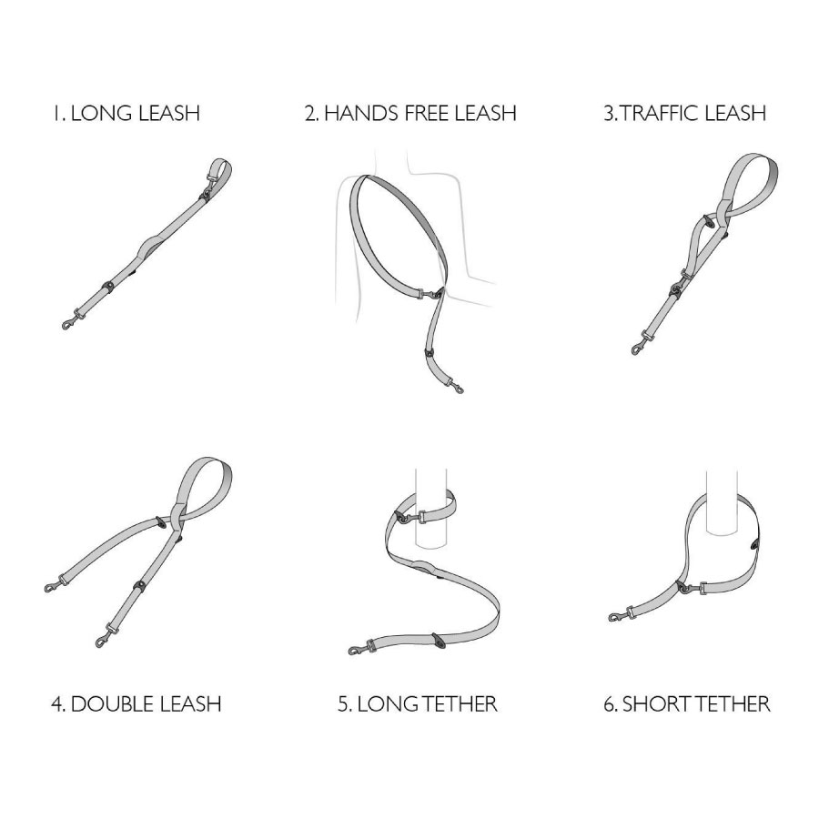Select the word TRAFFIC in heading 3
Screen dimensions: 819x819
coord(660,114)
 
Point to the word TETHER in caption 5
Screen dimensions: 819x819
coord(460,704)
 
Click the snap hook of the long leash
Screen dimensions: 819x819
coord(69,323)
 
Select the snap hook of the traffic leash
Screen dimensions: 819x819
coord(638,348)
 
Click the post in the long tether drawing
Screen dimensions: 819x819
coord(431,508)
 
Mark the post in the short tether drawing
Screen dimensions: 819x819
coord(723,502)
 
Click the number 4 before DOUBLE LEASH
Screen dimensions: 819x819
coord(57,704)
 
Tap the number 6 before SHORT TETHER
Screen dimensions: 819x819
coord(610,704)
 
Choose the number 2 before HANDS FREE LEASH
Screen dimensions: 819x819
coord(310,114)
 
